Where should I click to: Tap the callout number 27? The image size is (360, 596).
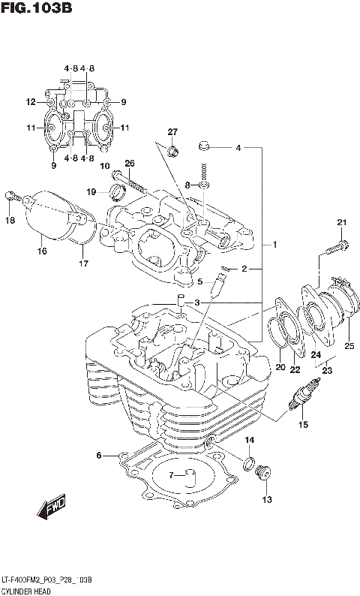(x=172, y=132)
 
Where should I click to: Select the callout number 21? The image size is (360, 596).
(x=342, y=221)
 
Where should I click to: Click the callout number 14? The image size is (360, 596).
(x=250, y=440)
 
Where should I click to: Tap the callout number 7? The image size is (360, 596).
(x=171, y=474)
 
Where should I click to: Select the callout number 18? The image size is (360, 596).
(x=10, y=220)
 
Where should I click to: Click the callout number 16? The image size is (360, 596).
(x=42, y=251)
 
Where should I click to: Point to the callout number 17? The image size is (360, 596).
(x=82, y=263)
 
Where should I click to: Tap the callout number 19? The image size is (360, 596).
(x=91, y=191)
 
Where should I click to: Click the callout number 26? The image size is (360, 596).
(x=129, y=164)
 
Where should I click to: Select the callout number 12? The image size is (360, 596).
(x=30, y=102)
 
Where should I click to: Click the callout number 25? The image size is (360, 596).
(x=349, y=345)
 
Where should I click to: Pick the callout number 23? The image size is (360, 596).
(x=327, y=369)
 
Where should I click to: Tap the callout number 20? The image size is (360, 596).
(x=280, y=367)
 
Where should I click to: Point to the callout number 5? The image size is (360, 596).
(x=200, y=282)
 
